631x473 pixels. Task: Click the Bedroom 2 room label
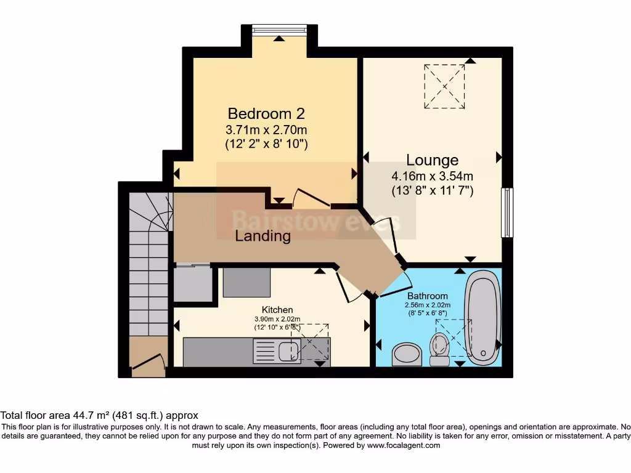point(266,113)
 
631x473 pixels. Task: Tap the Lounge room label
point(432,161)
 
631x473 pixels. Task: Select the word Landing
point(263,236)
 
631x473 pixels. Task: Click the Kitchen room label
point(277,309)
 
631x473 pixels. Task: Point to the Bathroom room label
point(427,296)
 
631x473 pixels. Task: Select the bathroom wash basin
point(405,354)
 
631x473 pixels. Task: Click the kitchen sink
point(287,351)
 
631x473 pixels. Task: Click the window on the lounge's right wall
point(507,212)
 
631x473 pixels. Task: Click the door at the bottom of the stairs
point(149,363)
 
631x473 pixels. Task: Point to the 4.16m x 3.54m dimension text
point(432,177)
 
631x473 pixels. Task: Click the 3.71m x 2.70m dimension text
point(266,130)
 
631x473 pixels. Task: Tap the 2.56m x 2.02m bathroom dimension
point(427,305)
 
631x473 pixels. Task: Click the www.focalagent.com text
point(404,445)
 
